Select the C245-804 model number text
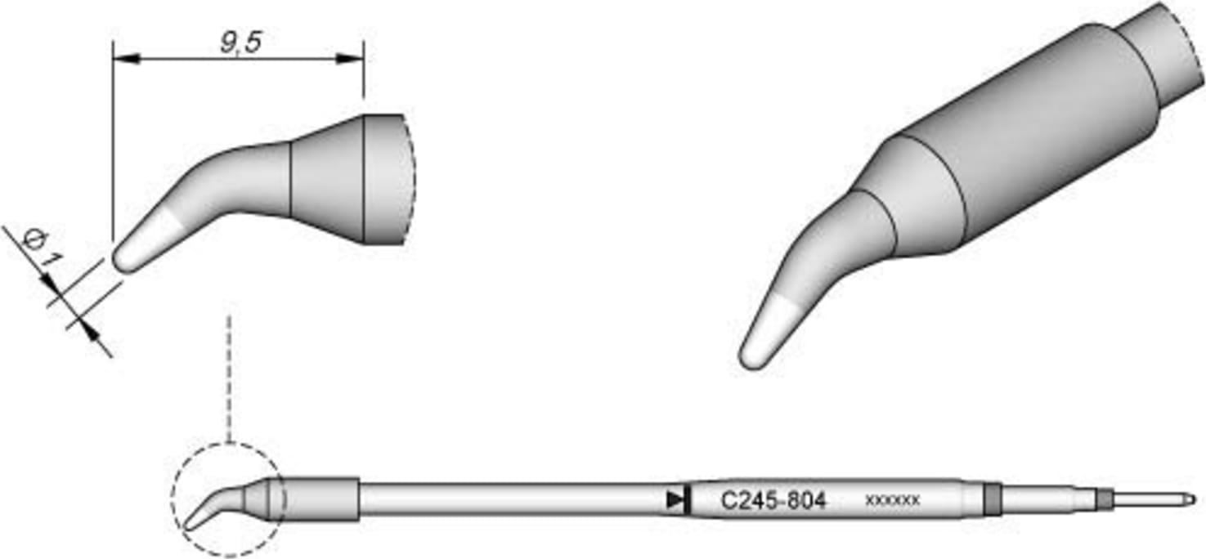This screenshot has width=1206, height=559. [x=773, y=500]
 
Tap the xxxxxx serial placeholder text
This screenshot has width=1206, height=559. [x=892, y=500]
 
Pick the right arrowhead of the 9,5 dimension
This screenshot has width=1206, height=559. [x=352, y=59]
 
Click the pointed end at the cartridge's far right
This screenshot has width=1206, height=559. [x=1191, y=499]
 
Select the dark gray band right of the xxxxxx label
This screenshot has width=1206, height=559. [x=992, y=499]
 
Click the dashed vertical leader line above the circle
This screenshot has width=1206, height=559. [x=229, y=376]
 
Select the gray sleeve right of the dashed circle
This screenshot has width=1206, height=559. [x=319, y=499]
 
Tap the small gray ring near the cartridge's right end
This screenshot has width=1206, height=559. [x=1105, y=499]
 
